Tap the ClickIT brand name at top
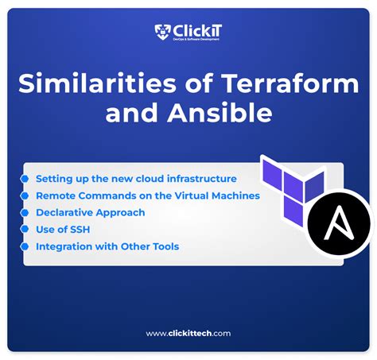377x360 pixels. point(198,30)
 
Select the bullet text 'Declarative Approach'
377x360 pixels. point(90,212)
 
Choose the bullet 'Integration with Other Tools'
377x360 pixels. point(107,246)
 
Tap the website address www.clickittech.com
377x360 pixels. point(188,334)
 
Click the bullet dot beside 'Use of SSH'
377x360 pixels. point(26,230)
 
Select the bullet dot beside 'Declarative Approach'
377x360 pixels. point(26,212)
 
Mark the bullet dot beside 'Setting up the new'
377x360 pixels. point(26,179)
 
